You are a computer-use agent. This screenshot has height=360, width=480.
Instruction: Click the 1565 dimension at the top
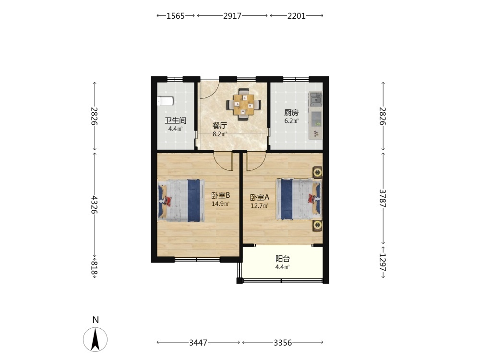[x=175, y=16]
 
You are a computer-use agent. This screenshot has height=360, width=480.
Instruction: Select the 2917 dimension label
[x=232, y=16]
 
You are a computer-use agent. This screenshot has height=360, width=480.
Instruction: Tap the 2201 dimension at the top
[x=296, y=16]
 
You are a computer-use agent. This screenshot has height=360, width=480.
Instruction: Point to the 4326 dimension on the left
[x=94, y=205]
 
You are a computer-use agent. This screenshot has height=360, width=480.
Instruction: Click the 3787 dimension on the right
[x=383, y=198]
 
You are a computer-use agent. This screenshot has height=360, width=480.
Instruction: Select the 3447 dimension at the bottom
[x=198, y=343]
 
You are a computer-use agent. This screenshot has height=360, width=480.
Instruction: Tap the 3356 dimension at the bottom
[x=283, y=343]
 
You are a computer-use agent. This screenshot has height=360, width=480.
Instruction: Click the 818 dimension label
[x=94, y=268]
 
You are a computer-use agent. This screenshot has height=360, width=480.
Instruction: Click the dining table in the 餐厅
[x=244, y=105]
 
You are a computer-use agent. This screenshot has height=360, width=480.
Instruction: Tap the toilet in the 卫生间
[x=165, y=101]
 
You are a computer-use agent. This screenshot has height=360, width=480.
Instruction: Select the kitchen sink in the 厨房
[x=315, y=99]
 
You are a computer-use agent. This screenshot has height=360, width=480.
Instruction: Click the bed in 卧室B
[x=180, y=201]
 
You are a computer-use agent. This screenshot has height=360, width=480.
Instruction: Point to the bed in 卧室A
[x=299, y=199]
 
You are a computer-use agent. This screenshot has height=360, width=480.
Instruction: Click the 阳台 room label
[x=283, y=259]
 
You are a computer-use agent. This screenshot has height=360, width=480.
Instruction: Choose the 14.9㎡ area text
[x=221, y=204]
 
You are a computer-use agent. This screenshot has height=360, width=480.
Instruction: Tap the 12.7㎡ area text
[x=260, y=206]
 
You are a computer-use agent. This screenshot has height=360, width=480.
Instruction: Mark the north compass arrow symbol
[x=95, y=339]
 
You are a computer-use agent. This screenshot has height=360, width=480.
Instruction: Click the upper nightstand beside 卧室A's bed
[x=317, y=172]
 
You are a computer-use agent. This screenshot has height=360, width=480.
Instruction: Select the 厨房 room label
[x=291, y=113]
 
